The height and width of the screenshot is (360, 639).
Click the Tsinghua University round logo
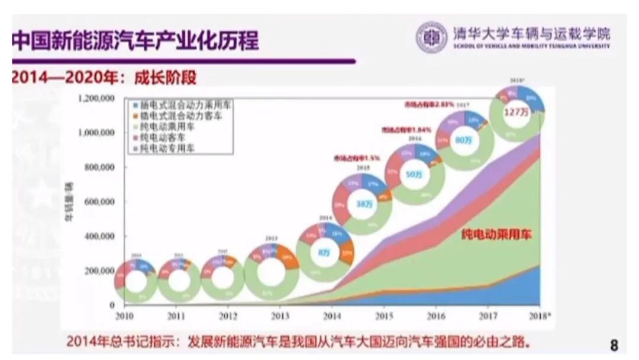coord(431,37)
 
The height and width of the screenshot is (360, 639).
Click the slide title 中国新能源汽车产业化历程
coord(136,41)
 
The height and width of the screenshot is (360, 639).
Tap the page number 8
coord(614,345)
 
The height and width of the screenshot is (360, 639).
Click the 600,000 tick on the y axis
coord(98,202)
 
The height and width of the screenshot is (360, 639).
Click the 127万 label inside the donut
coord(515,111)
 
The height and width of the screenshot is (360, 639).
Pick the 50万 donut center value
coord(414,175)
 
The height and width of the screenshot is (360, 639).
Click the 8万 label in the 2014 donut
coord(324,252)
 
